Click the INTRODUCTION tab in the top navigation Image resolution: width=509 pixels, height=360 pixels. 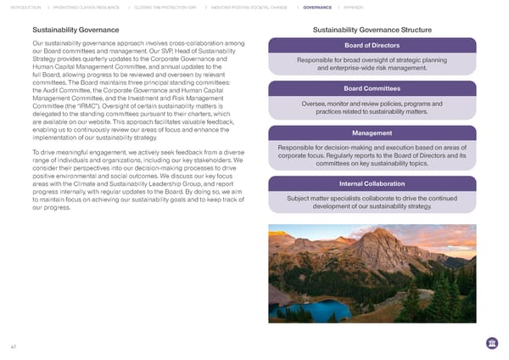click(x=24, y=7)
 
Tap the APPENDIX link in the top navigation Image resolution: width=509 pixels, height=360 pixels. click(x=354, y=7)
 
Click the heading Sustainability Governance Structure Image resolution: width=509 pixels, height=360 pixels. click(x=372, y=31)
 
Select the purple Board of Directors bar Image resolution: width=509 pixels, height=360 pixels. click(x=372, y=45)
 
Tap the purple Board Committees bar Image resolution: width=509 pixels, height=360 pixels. click(x=372, y=89)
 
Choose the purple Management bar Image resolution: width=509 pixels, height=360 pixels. click(x=372, y=133)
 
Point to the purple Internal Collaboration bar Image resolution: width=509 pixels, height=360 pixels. click(x=372, y=184)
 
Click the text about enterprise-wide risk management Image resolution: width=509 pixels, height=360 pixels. click(x=372, y=68)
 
